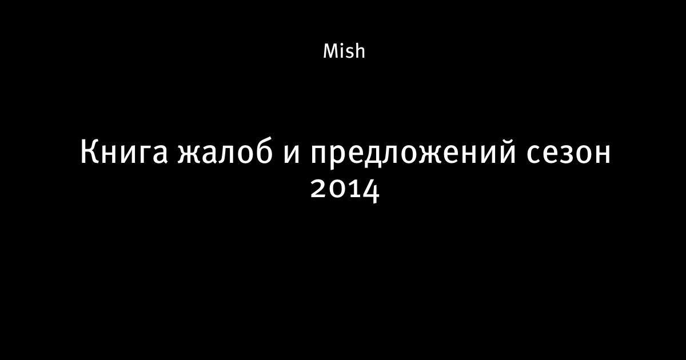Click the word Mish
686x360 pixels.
344,51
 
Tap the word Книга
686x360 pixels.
123,152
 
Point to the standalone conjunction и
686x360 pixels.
291,153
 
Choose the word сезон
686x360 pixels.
568,153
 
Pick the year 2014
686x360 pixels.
345,190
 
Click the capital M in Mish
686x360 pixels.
331,51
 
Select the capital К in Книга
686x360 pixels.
89,152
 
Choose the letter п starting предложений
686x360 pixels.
319,153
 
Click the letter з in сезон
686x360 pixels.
567,153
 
